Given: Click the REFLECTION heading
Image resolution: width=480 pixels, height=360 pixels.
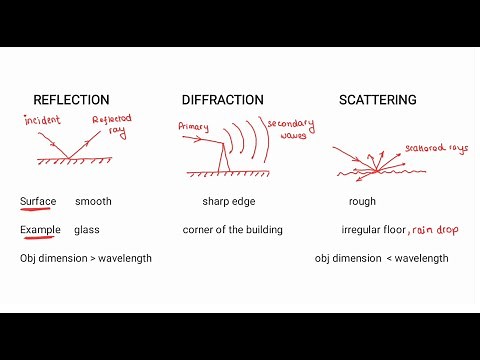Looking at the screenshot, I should coord(72,100).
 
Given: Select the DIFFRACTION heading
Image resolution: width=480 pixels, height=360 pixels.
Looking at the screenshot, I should coord(223,100).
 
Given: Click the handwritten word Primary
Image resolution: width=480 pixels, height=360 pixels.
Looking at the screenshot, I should coord(193,127).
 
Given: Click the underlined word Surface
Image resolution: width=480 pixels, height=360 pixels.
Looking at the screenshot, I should coord(38,201).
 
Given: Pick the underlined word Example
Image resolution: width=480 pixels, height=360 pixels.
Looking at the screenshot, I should coord(40,229).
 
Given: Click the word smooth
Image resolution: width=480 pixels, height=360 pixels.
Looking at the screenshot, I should coord(93,201).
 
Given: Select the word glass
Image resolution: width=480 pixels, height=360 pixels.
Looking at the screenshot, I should coord(87,229).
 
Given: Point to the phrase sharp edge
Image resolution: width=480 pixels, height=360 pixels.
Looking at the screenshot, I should coord(230,201).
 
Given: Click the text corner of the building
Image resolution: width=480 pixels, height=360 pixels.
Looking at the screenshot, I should coord(232,229).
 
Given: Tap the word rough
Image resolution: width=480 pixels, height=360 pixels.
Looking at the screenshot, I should coord(363,201).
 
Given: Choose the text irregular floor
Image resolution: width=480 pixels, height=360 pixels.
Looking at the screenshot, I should coord(374,229).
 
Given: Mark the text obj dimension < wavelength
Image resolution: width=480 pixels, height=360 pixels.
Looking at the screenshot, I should coord(381,258).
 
